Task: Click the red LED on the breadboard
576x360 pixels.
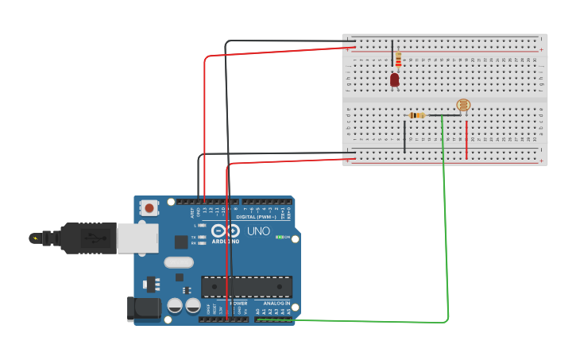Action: tap(394, 79)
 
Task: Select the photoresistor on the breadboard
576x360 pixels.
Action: tap(463, 105)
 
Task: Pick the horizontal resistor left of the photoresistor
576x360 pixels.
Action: tap(416, 115)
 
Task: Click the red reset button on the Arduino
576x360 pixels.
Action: tap(149, 208)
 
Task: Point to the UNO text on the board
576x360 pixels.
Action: tap(258, 231)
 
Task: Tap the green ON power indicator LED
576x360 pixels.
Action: tap(279, 237)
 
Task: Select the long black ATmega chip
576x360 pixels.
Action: tap(246, 287)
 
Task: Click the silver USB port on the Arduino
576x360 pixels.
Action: tap(137, 237)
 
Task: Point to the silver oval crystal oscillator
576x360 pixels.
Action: tap(179, 262)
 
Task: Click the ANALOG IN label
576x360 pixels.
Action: tap(276, 303)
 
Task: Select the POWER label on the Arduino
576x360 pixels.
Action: tap(238, 303)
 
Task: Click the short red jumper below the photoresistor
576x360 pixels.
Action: tap(466, 139)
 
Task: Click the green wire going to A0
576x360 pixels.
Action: tap(446, 238)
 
